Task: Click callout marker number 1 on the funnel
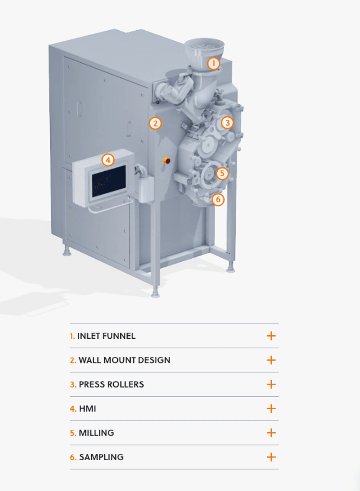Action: tap(214, 64)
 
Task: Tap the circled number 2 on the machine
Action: tap(155, 123)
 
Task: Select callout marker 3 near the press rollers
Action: tap(227, 123)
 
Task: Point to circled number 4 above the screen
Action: tap(108, 160)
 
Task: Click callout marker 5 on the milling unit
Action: tap(222, 173)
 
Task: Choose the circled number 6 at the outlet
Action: tap(218, 199)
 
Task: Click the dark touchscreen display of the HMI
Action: tap(109, 182)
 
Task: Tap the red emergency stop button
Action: tap(167, 161)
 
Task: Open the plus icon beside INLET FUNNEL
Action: tap(271, 336)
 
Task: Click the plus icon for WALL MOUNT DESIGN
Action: tap(271, 360)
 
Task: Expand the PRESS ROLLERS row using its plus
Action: tap(271, 384)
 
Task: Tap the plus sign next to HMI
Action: tap(271, 408)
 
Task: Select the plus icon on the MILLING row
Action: tap(271, 433)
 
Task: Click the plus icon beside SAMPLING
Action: tap(271, 457)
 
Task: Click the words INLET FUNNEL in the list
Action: tap(106, 336)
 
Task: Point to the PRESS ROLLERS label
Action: tap(111, 384)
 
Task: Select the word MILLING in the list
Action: tap(96, 433)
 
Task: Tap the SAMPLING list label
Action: tap(101, 457)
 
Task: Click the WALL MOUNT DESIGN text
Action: tap(124, 360)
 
